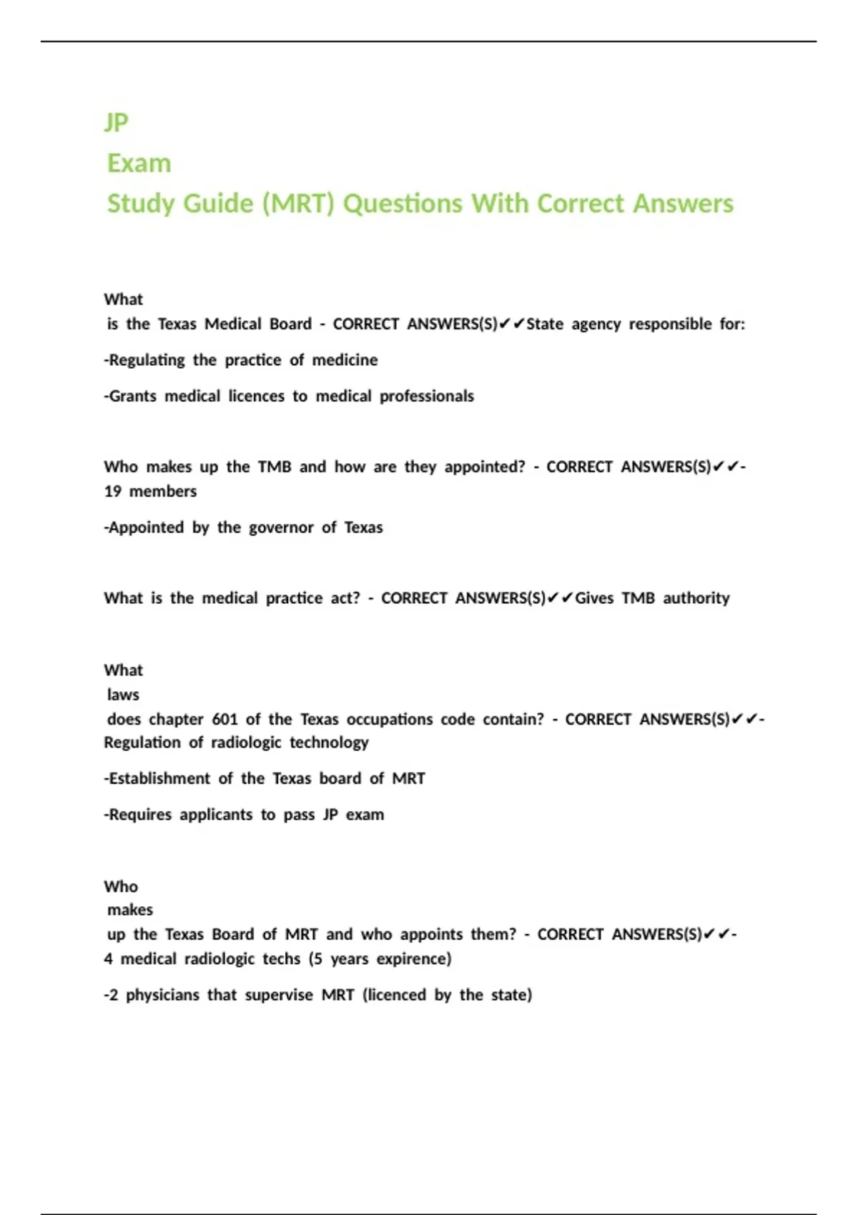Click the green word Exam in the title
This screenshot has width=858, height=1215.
(139, 164)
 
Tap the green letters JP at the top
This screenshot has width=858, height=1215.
(116, 122)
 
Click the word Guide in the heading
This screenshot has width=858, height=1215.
(222, 204)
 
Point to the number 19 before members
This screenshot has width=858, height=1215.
(112, 492)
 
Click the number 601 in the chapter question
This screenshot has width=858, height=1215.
(225, 719)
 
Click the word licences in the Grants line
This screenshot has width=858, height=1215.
(256, 397)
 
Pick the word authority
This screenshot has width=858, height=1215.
(696, 598)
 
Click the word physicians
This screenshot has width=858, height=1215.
(162, 996)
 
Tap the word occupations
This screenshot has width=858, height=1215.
(389, 719)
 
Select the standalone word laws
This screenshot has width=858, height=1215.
(123, 695)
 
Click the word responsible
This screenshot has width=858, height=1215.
(670, 324)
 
